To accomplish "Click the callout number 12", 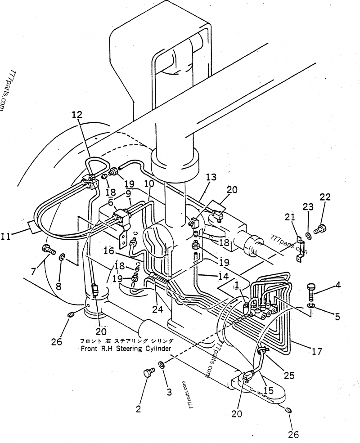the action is pos(76,115).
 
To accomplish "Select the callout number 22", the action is pos(325,197).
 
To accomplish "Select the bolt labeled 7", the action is pos(49,249).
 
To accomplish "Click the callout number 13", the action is pos(211,177).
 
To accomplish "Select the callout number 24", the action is pos(157,309).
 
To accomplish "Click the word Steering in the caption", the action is pos(127,349).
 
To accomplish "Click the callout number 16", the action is pos(109,251).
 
